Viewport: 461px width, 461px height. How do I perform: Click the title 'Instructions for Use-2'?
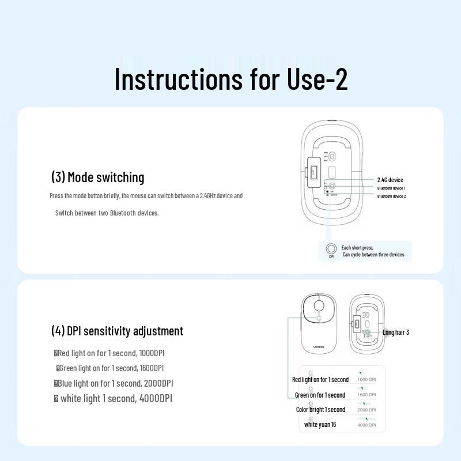coord(231,79)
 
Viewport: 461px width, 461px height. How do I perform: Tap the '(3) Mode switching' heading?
coord(97,177)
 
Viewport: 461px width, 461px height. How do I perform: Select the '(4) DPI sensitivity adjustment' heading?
coord(117,331)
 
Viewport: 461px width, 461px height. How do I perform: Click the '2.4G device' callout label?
coord(390,180)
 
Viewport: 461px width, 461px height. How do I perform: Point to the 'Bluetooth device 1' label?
coord(391,188)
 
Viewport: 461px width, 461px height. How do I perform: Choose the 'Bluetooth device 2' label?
coord(391,197)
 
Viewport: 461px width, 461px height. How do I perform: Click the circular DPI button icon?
coord(331,249)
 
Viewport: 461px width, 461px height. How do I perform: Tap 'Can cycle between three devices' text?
coord(373,255)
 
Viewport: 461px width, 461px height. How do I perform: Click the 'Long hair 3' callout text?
coord(396,332)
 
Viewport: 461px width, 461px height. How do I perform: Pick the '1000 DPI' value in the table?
coord(366,379)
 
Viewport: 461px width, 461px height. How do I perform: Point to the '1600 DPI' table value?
coord(366,395)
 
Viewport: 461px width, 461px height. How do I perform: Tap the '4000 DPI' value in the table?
coord(366,425)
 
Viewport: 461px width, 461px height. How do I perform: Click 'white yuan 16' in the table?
coord(320,425)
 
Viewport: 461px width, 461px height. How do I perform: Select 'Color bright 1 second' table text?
coord(320,410)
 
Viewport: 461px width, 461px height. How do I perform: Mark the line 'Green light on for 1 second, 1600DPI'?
coord(111,368)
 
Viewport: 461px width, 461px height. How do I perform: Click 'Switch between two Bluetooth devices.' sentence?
coord(107,213)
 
